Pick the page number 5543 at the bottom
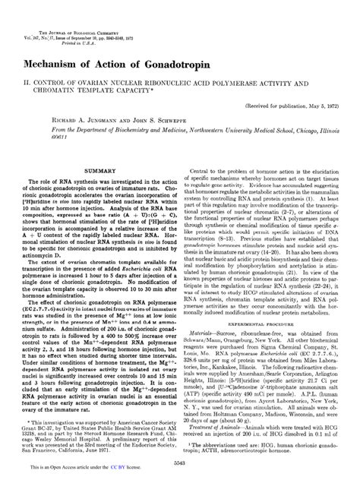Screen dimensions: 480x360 coord(180,463)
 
